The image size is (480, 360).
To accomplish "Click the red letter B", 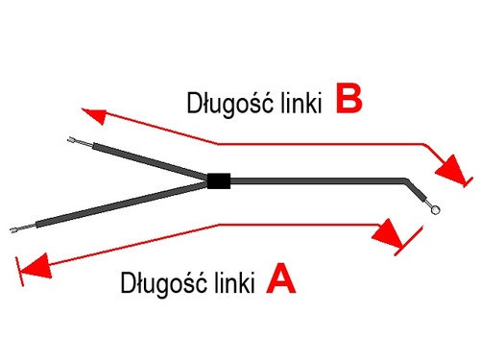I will [349, 100].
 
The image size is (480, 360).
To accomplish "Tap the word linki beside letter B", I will [296, 103].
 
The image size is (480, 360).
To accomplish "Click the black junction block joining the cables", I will [218, 180].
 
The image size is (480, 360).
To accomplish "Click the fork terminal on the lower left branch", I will [15, 230].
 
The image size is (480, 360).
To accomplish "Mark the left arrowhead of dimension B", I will [92, 115].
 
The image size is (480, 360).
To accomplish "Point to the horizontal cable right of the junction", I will [317, 180].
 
